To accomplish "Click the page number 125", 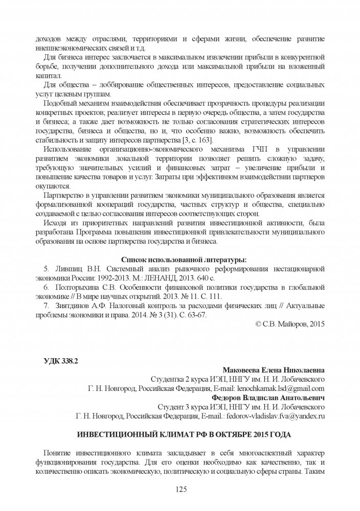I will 180,489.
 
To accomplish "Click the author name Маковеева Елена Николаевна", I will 274,370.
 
